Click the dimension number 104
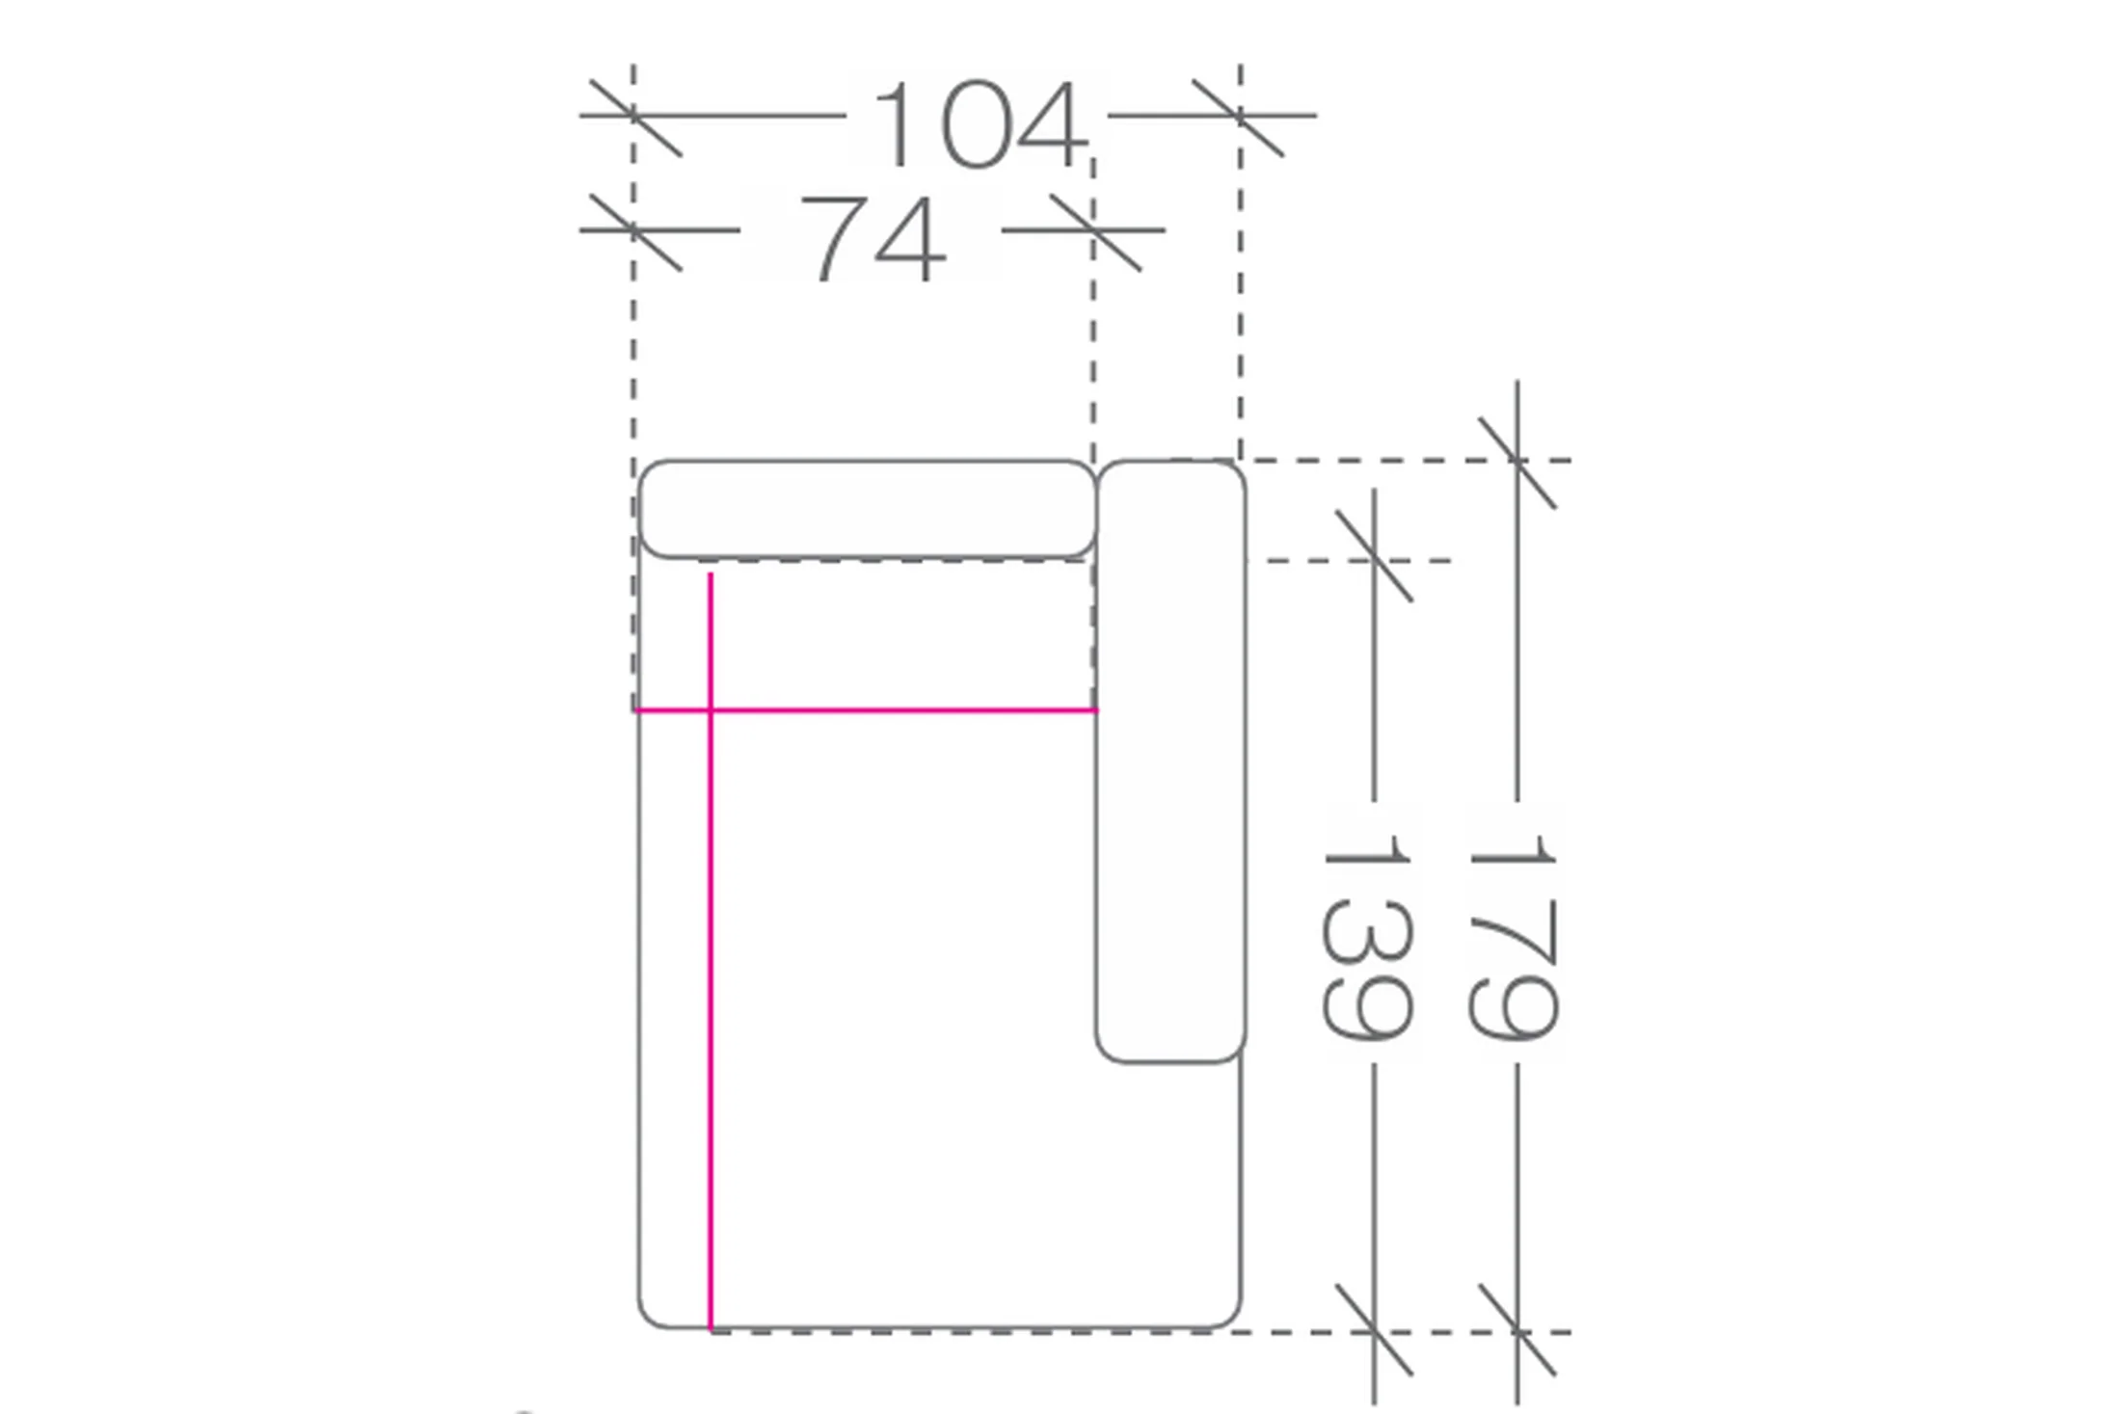tap(980, 125)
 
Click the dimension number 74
tap(873, 239)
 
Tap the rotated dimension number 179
tap(1511, 937)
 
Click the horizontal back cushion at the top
tap(868, 509)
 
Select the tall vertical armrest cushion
tap(1170, 761)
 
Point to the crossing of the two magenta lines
tap(711, 710)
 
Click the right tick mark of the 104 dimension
tap(1239, 118)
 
